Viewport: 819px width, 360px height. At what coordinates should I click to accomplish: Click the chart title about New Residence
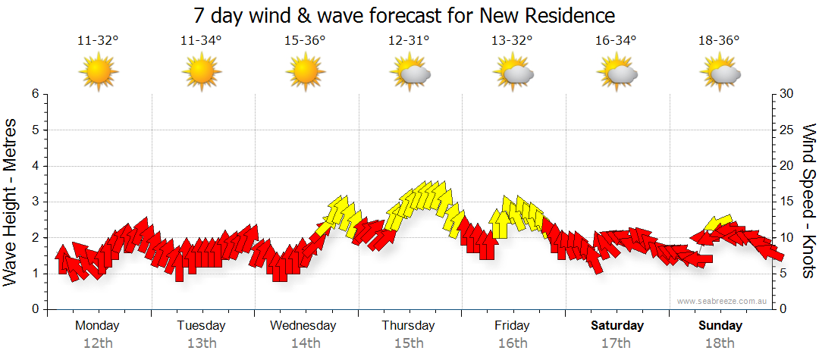pos(404,16)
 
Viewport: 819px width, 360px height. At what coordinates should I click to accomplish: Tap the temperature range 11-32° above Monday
pos(98,42)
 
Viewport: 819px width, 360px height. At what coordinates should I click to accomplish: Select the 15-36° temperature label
pos(305,42)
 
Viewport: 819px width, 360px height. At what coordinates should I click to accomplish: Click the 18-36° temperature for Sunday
pos(719,42)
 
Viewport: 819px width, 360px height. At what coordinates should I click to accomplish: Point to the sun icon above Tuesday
pos(201,74)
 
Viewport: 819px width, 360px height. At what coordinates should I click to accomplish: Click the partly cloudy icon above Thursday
pos(409,74)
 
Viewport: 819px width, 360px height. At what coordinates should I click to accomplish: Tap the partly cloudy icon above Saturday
pos(617,74)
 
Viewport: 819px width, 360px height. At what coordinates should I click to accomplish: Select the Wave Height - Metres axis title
pos(11,202)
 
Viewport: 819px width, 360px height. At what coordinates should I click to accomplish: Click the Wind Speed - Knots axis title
pos(808,202)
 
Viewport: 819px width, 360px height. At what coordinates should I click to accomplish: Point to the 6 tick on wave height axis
pos(34,94)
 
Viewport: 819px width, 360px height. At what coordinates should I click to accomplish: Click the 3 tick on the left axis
pos(34,202)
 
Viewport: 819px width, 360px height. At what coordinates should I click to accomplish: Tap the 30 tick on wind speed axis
pos(787,94)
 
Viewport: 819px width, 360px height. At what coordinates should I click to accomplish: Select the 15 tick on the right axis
pos(787,202)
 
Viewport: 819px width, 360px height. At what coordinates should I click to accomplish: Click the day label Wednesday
pos(303,326)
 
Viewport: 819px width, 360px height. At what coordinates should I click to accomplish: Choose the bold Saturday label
pos(617,326)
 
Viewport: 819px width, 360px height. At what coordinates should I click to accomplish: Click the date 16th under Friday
pos(513,343)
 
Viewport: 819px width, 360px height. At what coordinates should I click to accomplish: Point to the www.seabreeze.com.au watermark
pos(723,302)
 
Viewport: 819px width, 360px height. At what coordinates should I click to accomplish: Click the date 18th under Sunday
pos(720,343)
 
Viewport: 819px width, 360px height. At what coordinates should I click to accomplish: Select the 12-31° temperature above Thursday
pos(409,42)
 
